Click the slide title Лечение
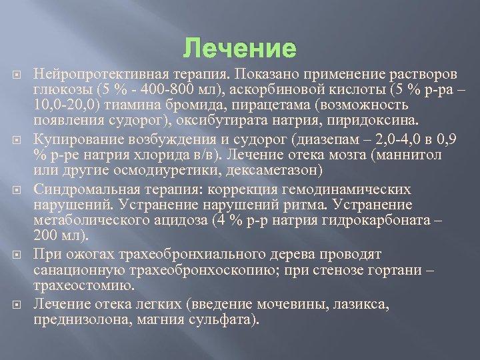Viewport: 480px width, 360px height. [239, 49]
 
